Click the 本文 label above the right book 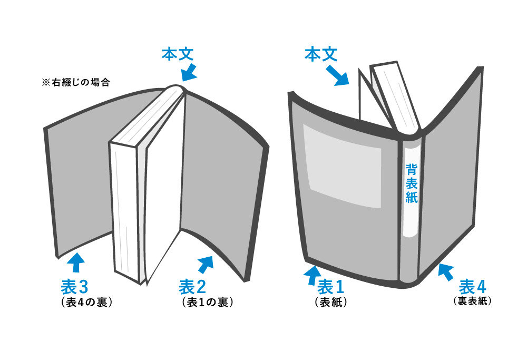tap(321, 54)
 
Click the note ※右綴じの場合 tap(75, 83)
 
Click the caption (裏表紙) tap(472, 301)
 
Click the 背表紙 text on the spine tap(412, 183)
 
